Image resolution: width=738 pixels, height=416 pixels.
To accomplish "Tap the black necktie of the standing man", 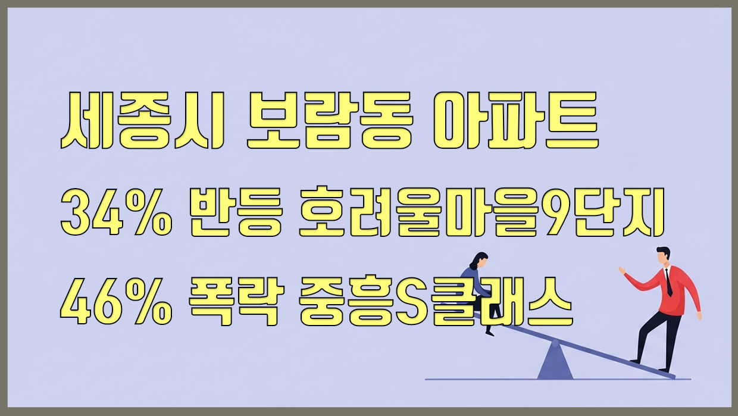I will point(669,282).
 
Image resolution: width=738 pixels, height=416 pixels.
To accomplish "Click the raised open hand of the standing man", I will point(623,271).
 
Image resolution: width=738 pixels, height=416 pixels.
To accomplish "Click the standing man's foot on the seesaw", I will point(635,361).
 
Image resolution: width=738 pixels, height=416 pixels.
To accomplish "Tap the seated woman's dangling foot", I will point(490,332).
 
